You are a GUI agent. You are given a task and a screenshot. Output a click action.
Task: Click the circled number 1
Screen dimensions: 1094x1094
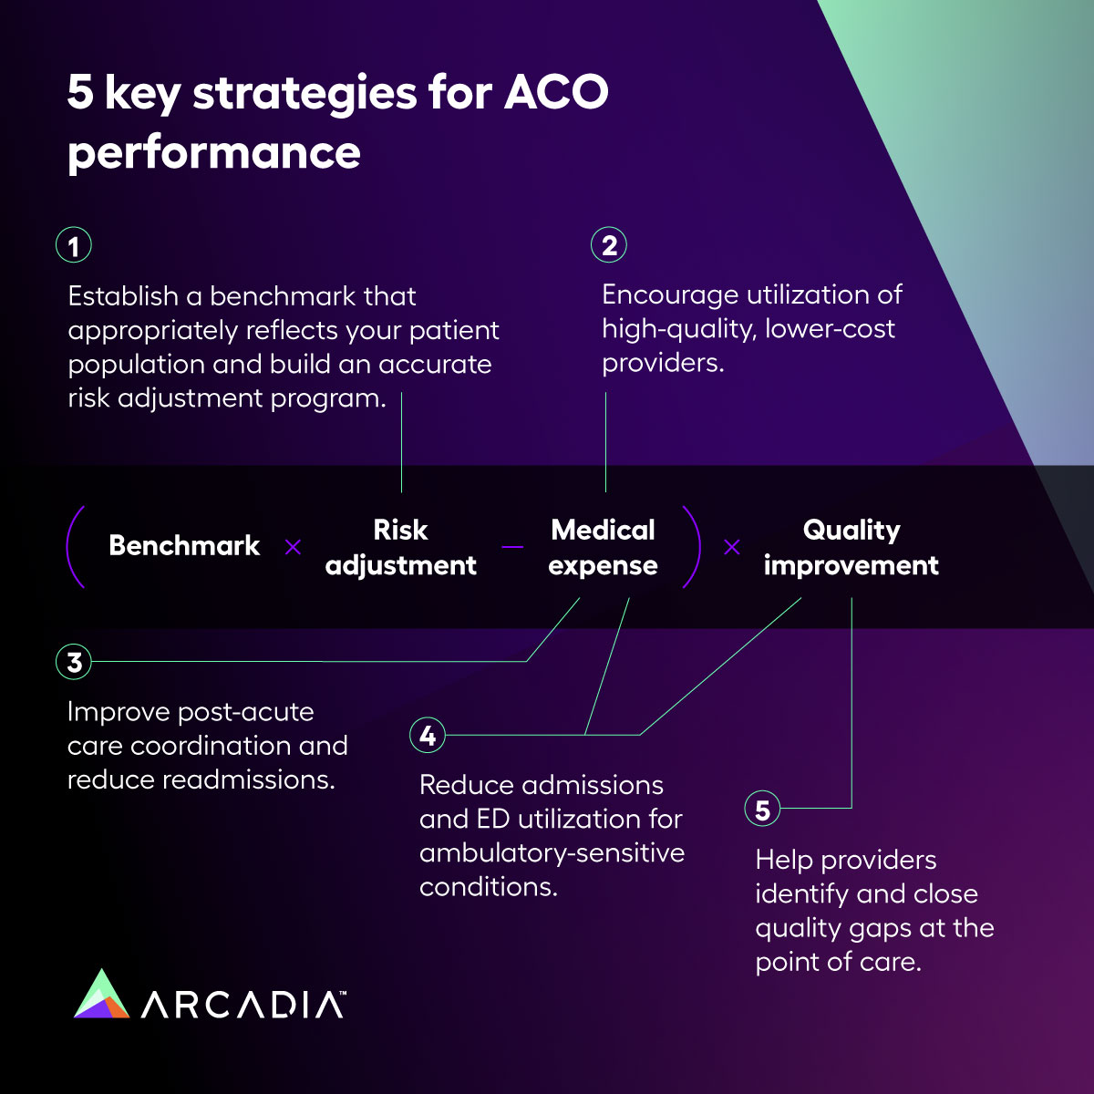point(74,245)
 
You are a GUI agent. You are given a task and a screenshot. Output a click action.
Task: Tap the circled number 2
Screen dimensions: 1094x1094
point(609,245)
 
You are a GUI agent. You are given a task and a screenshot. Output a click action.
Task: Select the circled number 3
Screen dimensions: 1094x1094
point(74,662)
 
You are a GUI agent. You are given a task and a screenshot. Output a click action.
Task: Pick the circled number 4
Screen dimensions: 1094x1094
point(428,735)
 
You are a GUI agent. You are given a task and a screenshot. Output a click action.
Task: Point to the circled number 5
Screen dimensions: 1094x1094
point(762,809)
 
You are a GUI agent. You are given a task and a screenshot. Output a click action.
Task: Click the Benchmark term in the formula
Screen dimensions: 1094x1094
point(184,546)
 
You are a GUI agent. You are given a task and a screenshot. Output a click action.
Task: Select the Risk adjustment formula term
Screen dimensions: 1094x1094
point(400,547)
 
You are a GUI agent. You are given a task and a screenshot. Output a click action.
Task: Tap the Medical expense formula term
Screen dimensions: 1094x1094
point(603,547)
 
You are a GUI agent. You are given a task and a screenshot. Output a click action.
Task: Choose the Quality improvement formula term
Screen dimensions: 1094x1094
point(851,547)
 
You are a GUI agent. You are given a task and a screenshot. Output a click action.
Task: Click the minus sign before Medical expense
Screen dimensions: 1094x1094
point(512,547)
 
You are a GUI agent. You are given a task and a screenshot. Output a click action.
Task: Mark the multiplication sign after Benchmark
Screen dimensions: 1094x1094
point(293,547)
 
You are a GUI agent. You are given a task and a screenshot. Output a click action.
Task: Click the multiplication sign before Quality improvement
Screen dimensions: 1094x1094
point(731,547)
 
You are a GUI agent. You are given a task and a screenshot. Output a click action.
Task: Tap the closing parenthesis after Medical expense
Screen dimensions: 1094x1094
point(692,547)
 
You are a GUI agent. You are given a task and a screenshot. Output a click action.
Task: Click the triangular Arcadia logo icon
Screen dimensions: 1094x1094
point(101,996)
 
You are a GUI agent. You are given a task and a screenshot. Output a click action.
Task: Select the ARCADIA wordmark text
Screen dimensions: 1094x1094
point(243,1005)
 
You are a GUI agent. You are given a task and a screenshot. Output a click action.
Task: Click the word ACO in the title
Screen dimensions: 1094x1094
point(556,92)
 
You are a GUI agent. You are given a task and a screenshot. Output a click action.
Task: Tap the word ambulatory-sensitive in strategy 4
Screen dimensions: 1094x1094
point(552,853)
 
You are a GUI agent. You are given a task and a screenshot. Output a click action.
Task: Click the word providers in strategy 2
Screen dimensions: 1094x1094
point(662,363)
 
